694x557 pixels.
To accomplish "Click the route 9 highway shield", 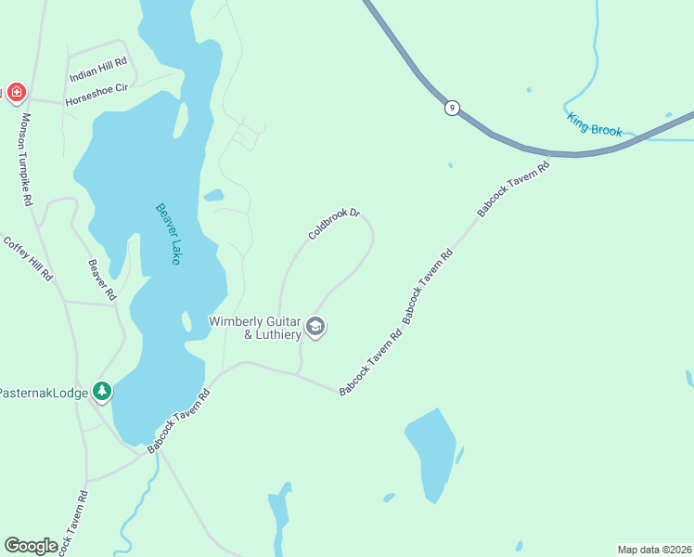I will [452, 108].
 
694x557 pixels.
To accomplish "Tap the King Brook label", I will [594, 124].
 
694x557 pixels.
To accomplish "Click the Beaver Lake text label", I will [168, 234].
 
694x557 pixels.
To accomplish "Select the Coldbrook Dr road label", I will [333, 224].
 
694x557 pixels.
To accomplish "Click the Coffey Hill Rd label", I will [28, 259].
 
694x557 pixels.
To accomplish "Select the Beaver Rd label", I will [101, 279].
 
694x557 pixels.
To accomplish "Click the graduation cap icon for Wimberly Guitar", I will [315, 327].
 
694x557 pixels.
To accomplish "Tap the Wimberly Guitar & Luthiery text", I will [254, 328].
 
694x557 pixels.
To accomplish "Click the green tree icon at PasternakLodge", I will [102, 392].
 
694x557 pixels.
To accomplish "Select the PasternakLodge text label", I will [44, 393].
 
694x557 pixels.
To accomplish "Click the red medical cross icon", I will [16, 92].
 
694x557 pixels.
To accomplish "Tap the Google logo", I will [31, 545].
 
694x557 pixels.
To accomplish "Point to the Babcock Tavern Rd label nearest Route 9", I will [513, 189].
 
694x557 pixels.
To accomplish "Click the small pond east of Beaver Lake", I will [213, 195].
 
